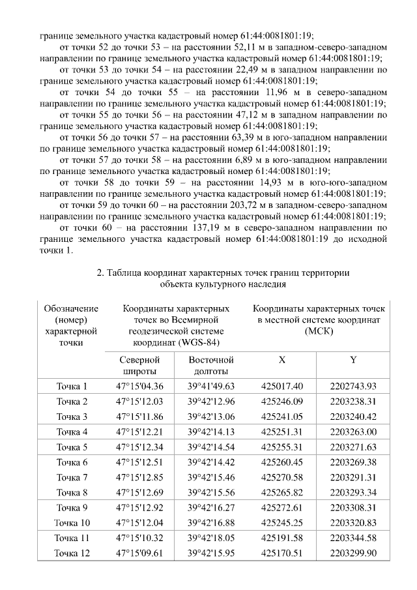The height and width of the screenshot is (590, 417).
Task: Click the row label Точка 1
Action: point(72,387)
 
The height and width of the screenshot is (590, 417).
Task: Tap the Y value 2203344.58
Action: point(353,538)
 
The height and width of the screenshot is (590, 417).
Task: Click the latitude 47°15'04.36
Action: point(139,387)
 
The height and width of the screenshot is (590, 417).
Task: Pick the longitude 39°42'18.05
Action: point(210,538)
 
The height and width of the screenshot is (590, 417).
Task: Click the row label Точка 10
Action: point(72,523)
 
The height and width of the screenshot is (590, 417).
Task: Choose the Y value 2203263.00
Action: point(353,432)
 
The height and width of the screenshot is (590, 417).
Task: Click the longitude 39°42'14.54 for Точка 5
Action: point(210,447)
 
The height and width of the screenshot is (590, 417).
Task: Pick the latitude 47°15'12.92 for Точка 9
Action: point(139,507)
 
